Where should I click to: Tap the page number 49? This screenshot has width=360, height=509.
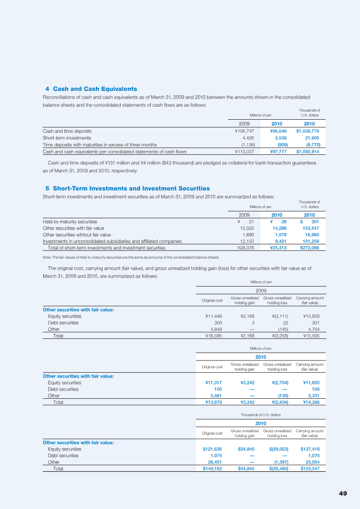pyautogui.click(x=343, y=493)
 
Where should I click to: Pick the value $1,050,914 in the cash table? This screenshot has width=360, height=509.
pyautogui.click(x=307, y=152)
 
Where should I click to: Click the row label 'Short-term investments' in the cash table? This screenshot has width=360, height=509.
pyautogui.click(x=67, y=138)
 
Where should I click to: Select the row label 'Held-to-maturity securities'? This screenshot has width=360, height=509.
pyautogui.click(x=70, y=221)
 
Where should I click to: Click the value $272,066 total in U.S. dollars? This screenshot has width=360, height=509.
pyautogui.click(x=309, y=248)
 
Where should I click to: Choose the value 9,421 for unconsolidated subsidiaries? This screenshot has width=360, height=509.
pyautogui.click(x=281, y=241)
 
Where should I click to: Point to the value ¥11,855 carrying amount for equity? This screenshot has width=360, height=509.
pyautogui.click(x=311, y=383)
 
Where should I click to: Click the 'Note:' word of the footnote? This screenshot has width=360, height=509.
pyautogui.click(x=47, y=257)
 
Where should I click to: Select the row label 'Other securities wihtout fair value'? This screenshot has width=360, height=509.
pyautogui.click(x=76, y=234)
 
